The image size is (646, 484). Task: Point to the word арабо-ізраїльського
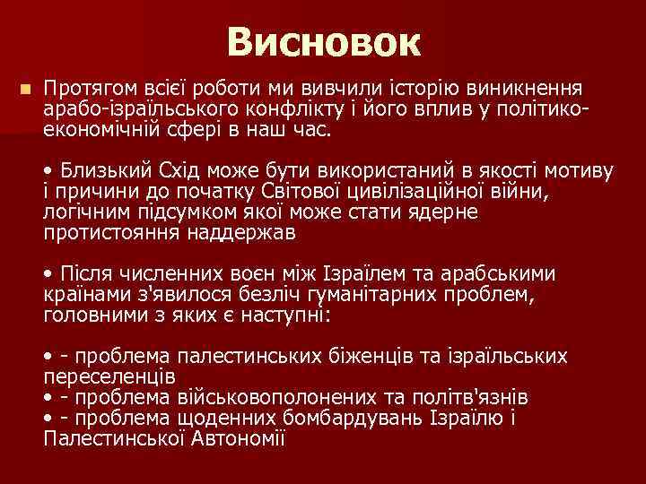134,110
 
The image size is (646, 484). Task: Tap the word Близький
101,172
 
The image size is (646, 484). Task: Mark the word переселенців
109,376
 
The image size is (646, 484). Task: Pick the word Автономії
237,437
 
